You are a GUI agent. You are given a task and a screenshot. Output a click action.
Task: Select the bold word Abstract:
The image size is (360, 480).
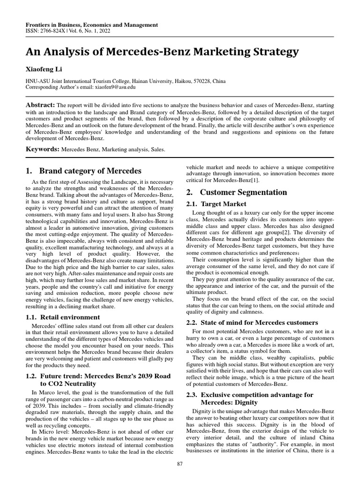[40, 105]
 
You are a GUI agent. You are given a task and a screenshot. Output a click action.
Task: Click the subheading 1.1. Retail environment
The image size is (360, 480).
[63, 317]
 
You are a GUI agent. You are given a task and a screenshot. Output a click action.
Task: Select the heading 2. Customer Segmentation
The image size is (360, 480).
[243, 192]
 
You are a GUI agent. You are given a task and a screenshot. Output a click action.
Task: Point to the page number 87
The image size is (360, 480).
[180, 464]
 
